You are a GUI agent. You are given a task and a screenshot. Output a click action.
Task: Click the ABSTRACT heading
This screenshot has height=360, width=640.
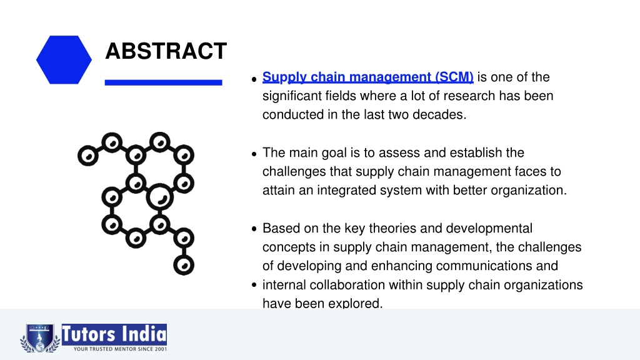click(x=166, y=51)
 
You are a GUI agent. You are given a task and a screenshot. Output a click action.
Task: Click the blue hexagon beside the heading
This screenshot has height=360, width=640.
click(x=64, y=59)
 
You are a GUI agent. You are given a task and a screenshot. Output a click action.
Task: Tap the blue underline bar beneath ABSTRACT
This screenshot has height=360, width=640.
click(x=163, y=82)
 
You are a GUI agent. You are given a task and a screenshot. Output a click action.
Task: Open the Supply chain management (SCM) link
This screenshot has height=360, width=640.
click(x=367, y=77)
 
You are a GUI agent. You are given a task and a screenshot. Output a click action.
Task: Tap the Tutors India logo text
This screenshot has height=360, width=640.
click(x=114, y=334)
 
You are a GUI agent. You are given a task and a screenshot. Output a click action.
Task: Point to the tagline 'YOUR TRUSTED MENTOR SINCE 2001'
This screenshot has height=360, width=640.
click(x=120, y=349)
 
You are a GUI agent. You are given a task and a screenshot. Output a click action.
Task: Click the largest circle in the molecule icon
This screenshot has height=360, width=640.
click(x=159, y=197)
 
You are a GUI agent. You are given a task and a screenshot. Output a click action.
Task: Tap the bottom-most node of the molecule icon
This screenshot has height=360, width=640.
click(x=184, y=265)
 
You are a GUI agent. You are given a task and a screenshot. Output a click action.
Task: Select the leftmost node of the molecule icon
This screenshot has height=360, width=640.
click(x=88, y=156)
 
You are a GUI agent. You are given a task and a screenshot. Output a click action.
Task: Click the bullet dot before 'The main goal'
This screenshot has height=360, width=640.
click(x=254, y=154)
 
